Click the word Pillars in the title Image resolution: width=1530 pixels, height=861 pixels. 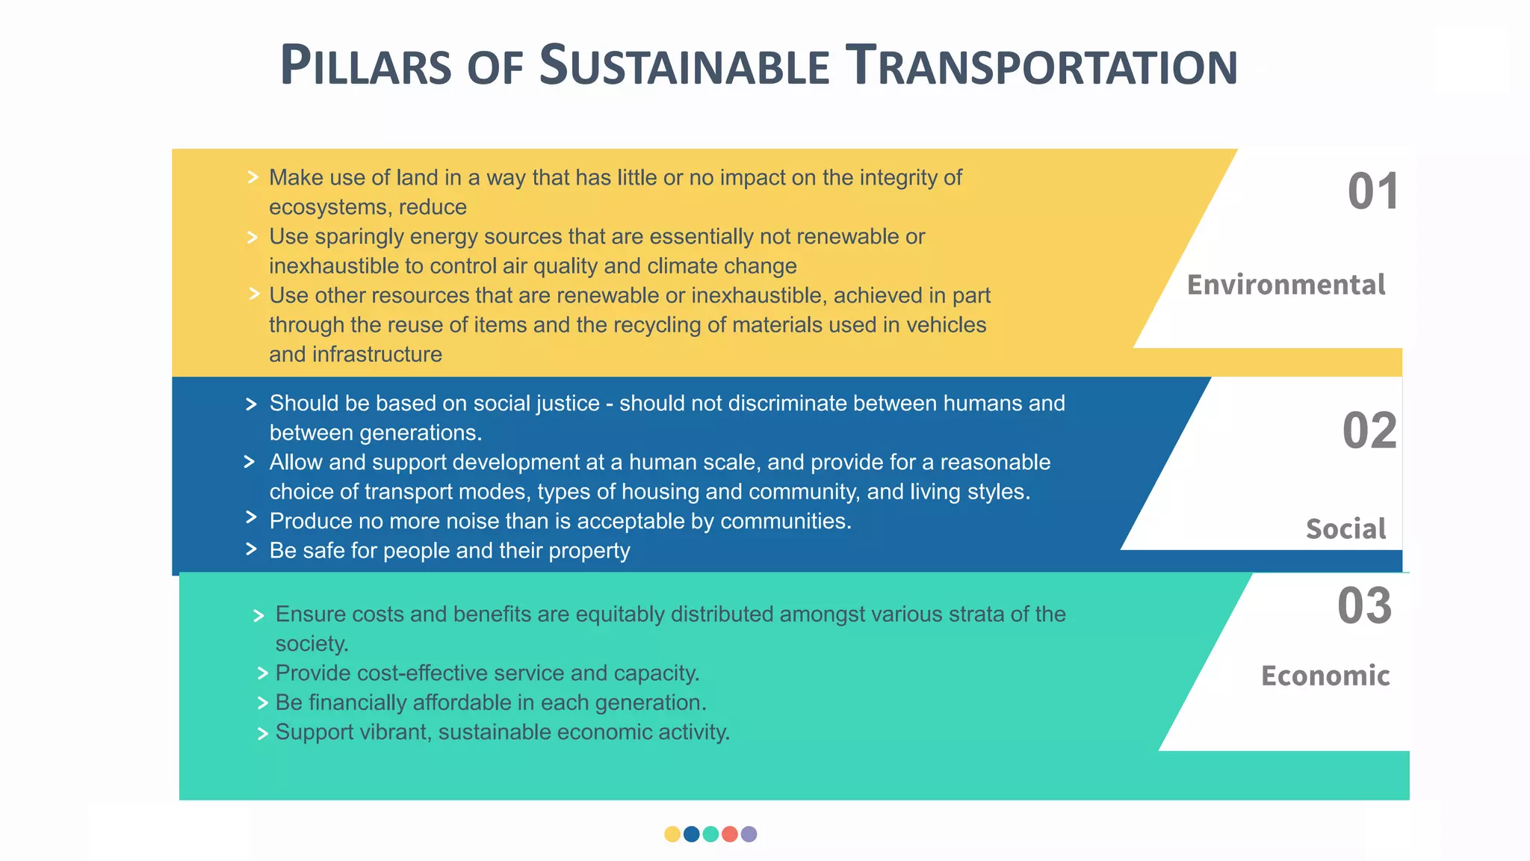pos(365,66)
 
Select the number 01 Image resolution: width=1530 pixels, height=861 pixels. pos(1373,191)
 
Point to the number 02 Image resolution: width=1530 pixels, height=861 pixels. pos(1369,431)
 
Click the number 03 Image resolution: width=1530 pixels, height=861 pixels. pos(1364,606)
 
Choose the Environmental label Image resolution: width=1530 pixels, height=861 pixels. pos(1286,285)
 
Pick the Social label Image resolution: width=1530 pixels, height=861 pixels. pos(1345,529)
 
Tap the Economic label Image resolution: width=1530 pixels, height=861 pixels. pos(1325,676)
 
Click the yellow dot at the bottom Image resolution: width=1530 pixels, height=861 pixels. pos(672,834)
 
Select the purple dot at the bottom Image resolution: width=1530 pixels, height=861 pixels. pos(749,834)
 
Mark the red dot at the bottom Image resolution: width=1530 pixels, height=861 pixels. pos(730,834)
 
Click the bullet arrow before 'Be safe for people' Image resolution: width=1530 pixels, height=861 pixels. pos(251,549)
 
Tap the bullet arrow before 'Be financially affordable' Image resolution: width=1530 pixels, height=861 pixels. pos(262,703)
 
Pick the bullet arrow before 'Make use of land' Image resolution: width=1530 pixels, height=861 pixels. pos(253,177)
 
